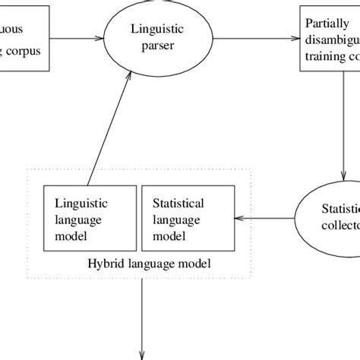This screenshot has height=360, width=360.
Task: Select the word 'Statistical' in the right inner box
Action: point(178,204)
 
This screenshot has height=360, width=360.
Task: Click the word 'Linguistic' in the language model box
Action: point(81,204)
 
